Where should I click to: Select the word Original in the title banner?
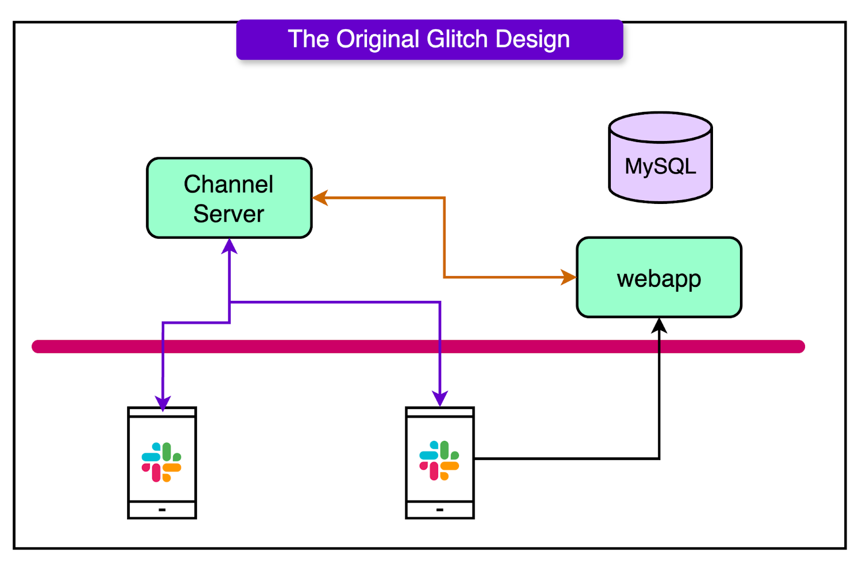coord(377,39)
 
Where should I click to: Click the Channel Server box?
coord(229,198)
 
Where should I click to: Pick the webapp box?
coord(659,278)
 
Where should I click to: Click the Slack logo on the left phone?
coord(161,462)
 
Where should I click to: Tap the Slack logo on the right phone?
coord(439,461)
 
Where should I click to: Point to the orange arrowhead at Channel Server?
coord(320,198)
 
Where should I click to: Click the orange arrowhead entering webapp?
coord(569,277)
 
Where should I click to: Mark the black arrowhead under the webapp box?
coord(659,325)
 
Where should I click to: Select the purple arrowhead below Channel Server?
coord(230,246)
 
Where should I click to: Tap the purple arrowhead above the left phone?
coord(163,403)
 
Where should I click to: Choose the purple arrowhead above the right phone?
coord(440,399)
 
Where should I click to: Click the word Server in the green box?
coord(229,214)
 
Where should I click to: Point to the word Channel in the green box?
coord(229,185)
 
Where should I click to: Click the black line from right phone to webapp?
coord(565,459)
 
